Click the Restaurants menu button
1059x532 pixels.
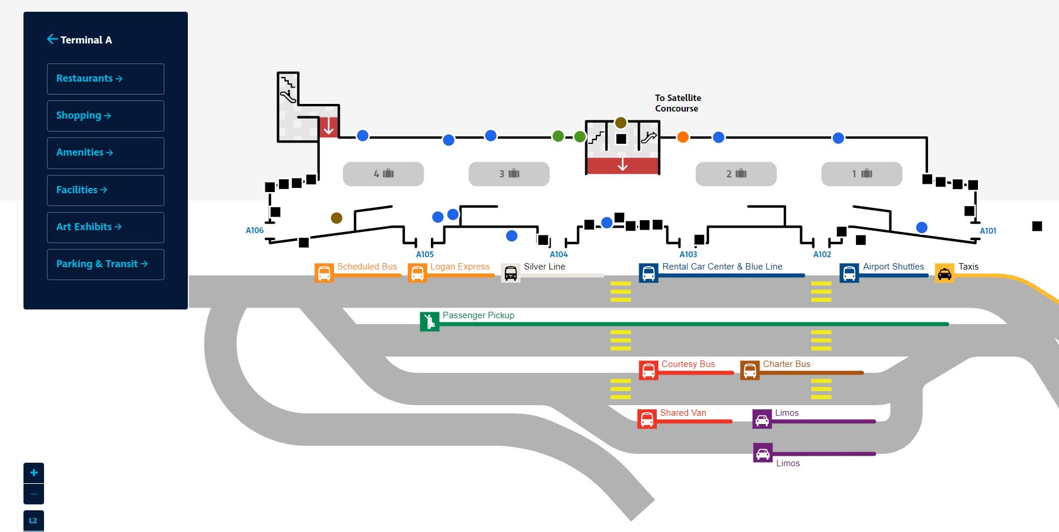pyautogui.click(x=106, y=79)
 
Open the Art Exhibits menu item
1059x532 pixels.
pyautogui.click(x=106, y=227)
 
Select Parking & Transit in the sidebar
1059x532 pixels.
pyautogui.click(x=106, y=264)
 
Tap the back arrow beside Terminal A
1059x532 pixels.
pyautogui.click(x=52, y=39)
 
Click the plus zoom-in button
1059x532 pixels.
pyautogui.click(x=33, y=473)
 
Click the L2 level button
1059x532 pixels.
pyautogui.click(x=33, y=521)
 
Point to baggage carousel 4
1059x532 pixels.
pyautogui.click(x=383, y=174)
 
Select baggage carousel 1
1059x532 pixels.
pyautogui.click(x=862, y=174)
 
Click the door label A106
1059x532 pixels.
pyautogui.click(x=255, y=230)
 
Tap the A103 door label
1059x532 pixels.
pyautogui.click(x=689, y=254)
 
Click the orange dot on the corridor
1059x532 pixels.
pyautogui.click(x=683, y=137)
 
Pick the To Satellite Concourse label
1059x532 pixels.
pyautogui.click(x=678, y=103)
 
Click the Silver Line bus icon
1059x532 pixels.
pyautogui.click(x=511, y=273)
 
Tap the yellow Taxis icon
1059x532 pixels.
pyautogui.click(x=945, y=273)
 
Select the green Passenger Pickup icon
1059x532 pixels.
pyautogui.click(x=430, y=321)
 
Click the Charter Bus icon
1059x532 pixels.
pyautogui.click(x=750, y=371)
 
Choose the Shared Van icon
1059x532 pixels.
pyautogui.click(x=647, y=419)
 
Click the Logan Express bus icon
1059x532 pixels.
pyautogui.click(x=417, y=273)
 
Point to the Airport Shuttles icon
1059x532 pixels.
pyautogui.click(x=849, y=273)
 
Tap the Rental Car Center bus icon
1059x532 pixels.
pyautogui.click(x=649, y=273)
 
